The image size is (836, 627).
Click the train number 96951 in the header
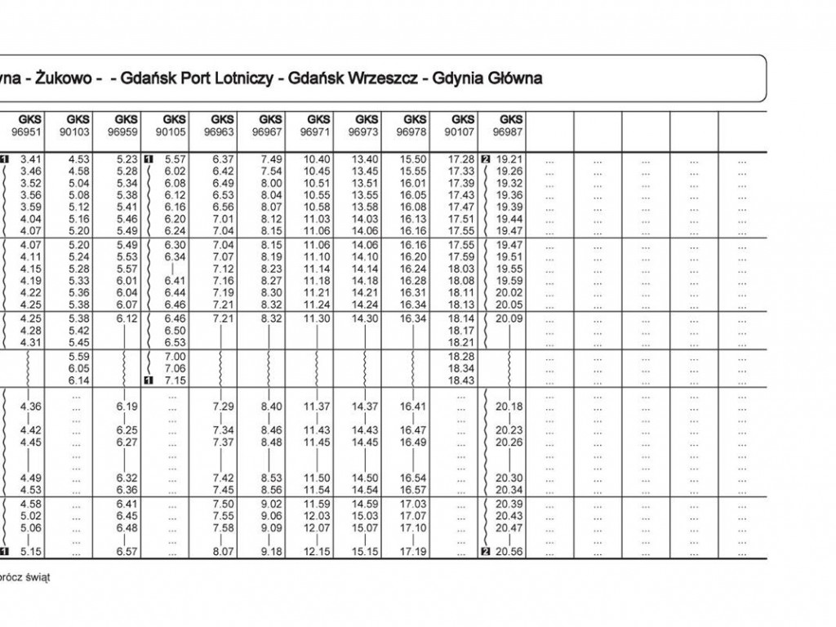[x=30, y=131]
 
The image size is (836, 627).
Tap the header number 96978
[x=414, y=131]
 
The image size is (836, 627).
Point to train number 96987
[x=510, y=131]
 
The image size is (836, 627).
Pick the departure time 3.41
[x=30, y=159]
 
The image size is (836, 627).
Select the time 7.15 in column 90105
[x=175, y=380]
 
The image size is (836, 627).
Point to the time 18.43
[x=462, y=380]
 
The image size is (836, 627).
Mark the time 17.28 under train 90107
[x=462, y=159]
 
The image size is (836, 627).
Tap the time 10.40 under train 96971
[x=318, y=159]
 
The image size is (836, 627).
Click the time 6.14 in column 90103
[x=79, y=380]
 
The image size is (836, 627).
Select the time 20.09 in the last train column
[x=510, y=318]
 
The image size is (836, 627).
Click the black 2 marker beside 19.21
[x=487, y=159]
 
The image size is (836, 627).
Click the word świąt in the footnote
[x=38, y=577]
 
